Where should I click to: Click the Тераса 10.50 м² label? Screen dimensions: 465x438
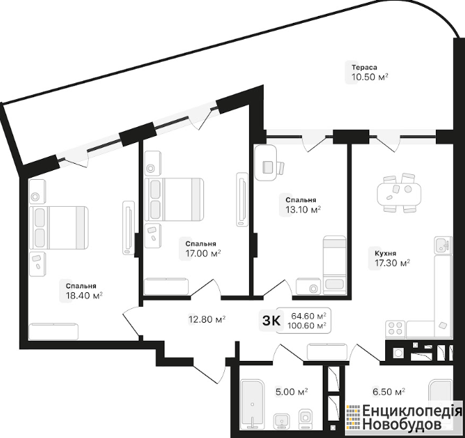coord(370,73)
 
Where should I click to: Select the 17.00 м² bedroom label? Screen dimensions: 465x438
coord(203,249)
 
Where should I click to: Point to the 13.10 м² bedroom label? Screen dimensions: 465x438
coord(303,205)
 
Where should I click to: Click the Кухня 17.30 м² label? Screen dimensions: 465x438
coord(392,259)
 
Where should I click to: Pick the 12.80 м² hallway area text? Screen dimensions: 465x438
coord(207,319)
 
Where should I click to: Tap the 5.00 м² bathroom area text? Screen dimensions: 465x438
coord(291,391)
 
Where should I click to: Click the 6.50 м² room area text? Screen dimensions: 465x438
coord(389,391)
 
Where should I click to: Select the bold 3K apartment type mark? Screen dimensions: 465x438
coord(271,321)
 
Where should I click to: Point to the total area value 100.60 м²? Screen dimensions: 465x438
coord(307,326)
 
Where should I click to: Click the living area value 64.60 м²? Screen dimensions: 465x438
coord(309,315)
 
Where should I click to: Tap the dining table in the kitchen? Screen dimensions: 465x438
coord(399,194)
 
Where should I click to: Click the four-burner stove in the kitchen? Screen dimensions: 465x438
coord(396,329)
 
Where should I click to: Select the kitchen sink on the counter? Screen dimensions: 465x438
coord(443,245)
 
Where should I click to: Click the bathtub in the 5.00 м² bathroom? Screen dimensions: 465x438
coord(253,404)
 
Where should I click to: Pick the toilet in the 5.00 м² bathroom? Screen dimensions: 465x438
coord(306,418)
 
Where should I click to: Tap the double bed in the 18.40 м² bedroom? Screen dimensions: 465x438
coord(59,228)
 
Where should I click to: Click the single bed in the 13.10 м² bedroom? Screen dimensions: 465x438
coord(335,265)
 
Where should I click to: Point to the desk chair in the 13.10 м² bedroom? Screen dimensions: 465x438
coord(280,168)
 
